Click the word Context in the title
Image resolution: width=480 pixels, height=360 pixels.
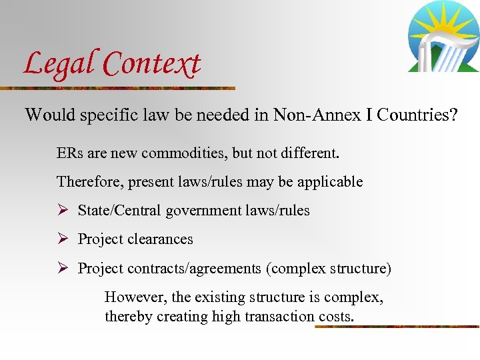152,64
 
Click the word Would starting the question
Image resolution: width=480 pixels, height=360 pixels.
51,115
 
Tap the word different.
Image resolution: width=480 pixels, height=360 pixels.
308,153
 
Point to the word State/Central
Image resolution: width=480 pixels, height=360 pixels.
119,211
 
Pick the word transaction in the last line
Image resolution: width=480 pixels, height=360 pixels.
274,317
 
